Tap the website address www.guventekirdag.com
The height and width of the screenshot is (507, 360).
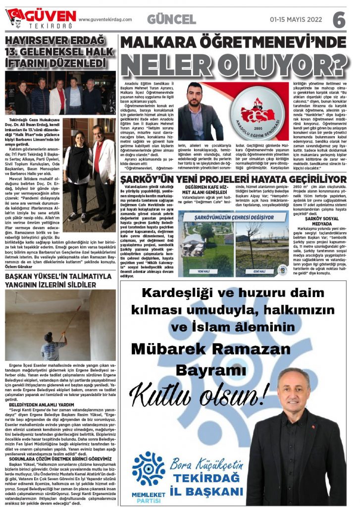pyautogui.click(x=105, y=20)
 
